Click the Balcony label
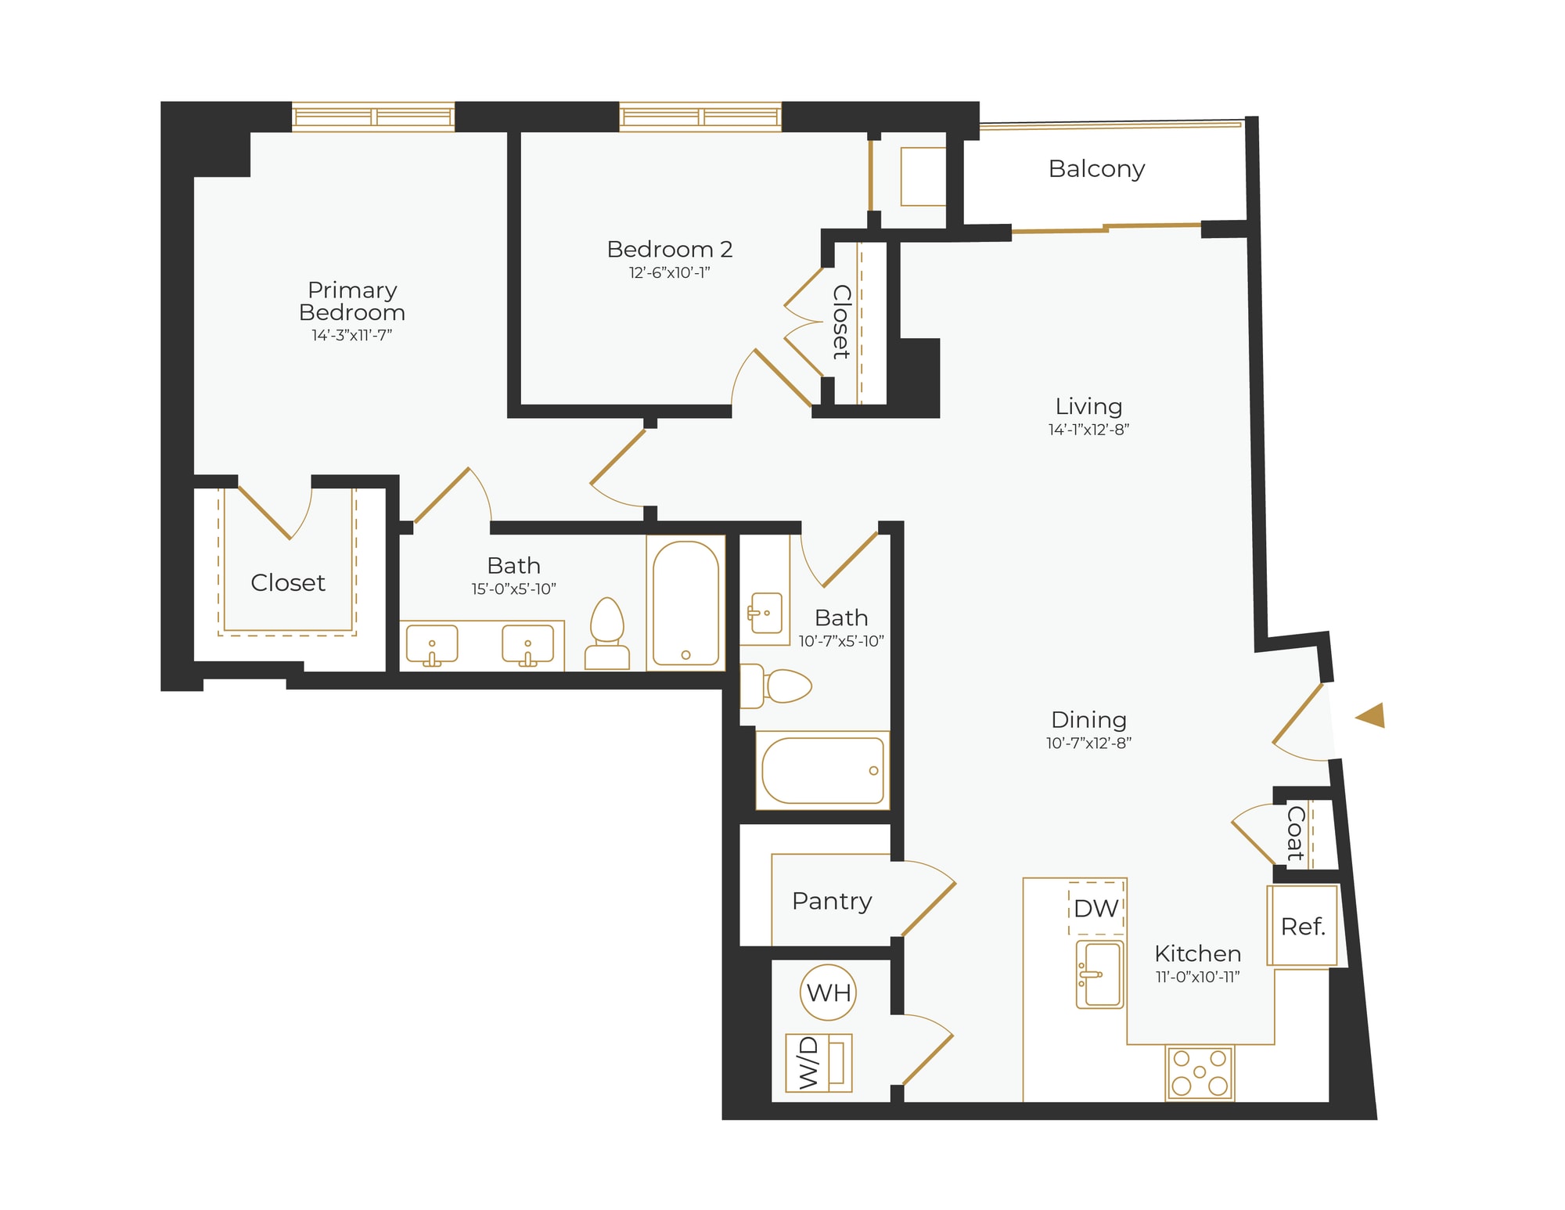pyautogui.click(x=1096, y=169)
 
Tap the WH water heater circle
pyautogui.click(x=828, y=993)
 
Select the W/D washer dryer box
pyautogui.click(x=818, y=1063)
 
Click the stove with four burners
pyautogui.click(x=1200, y=1073)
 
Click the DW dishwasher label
pyautogui.click(x=1095, y=909)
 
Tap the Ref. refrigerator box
pyautogui.click(x=1303, y=927)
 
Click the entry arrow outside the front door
pyautogui.click(x=1371, y=715)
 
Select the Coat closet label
pyautogui.click(x=1296, y=833)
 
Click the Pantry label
pyautogui.click(x=831, y=901)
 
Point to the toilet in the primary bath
pyautogui.click(x=607, y=634)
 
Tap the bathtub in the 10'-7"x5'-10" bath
pyautogui.click(x=822, y=771)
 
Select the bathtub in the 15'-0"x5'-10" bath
pyautogui.click(x=685, y=603)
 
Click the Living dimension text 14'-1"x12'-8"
pyautogui.click(x=1088, y=430)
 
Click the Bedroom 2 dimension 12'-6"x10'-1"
pyautogui.click(x=670, y=273)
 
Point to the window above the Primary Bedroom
pyautogui.click(x=373, y=117)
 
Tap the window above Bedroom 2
pyautogui.click(x=700, y=117)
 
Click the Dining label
pyautogui.click(x=1088, y=720)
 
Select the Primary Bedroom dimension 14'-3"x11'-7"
pyautogui.click(x=352, y=335)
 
